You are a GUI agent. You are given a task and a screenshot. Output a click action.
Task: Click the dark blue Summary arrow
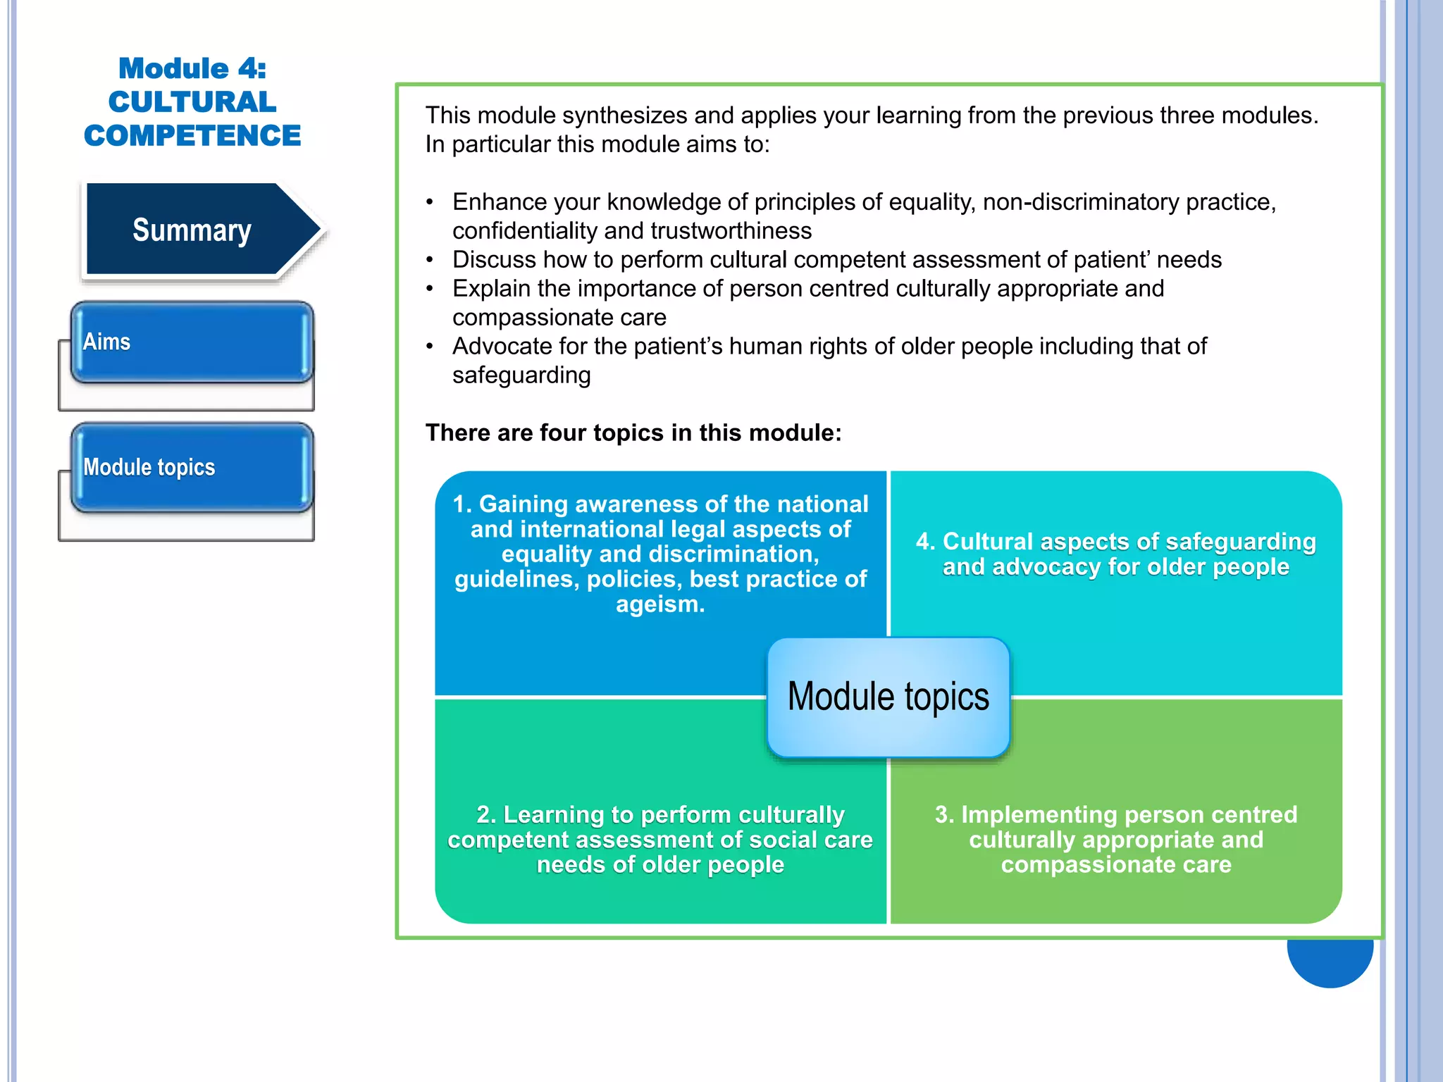(192, 230)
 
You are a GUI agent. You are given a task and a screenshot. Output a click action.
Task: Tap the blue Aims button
(192, 342)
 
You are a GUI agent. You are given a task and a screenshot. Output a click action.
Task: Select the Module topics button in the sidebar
(192, 468)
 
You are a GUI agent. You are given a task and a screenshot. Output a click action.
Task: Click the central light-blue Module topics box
(888, 697)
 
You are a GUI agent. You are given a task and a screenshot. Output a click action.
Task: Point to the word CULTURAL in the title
(192, 102)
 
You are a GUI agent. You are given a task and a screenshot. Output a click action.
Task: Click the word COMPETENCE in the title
(192, 135)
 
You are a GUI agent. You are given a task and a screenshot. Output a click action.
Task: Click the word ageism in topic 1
(659, 604)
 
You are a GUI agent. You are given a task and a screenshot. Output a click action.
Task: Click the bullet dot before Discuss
(430, 260)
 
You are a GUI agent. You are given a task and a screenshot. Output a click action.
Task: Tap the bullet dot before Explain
(430, 289)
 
